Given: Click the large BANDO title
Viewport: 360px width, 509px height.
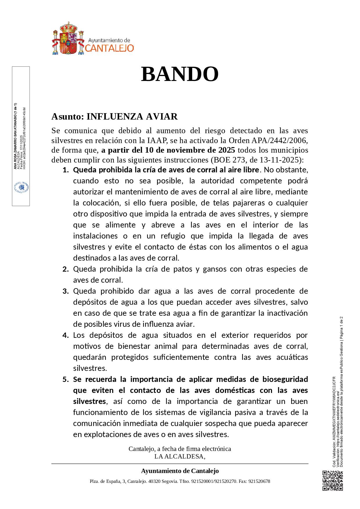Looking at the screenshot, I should point(180,74).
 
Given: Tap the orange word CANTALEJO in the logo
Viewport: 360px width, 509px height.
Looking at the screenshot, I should point(109,48).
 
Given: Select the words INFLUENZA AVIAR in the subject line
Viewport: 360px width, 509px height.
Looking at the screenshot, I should point(132,117).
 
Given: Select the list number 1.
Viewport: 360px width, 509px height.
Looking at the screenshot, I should point(65,170).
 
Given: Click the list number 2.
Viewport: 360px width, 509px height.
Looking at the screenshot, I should point(65,269).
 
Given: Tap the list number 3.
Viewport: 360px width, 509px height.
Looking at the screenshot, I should point(65,291).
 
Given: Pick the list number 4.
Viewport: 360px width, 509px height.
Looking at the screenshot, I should point(65,335).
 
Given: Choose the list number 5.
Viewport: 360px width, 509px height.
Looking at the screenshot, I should point(65,379).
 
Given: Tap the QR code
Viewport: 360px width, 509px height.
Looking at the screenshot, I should point(333,481).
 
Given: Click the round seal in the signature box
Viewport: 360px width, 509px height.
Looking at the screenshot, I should point(21,188).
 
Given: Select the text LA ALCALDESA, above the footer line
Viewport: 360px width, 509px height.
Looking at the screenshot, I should point(180,456).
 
